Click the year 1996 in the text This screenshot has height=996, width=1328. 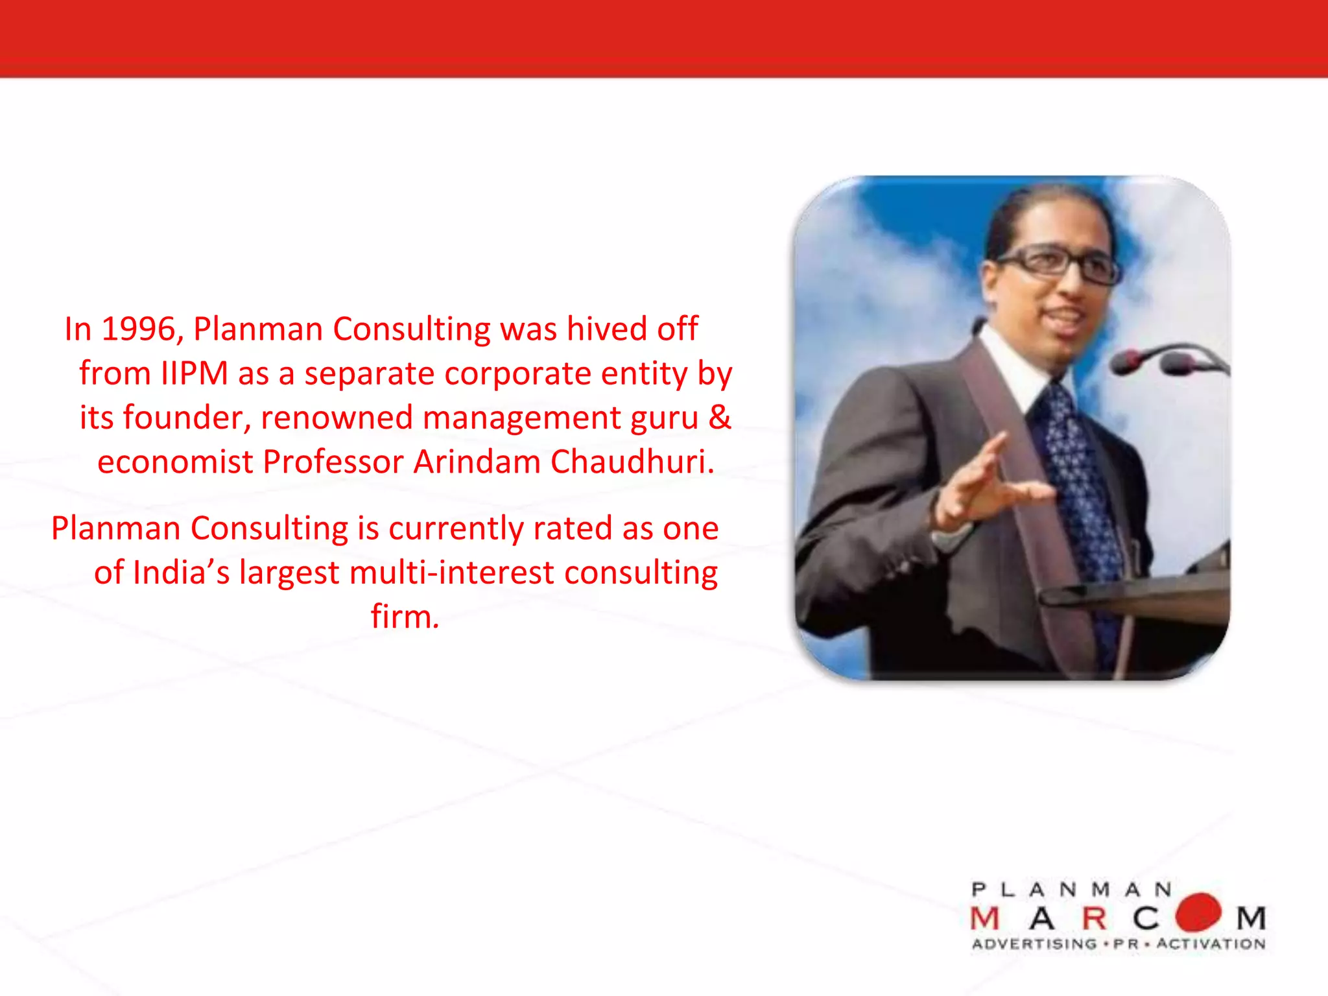pos(138,329)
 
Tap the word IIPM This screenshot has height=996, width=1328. pos(195,374)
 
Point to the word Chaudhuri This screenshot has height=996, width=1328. pos(632,462)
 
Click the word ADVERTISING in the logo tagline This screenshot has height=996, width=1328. pos(1034,944)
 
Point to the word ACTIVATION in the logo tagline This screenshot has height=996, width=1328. pos(1211,944)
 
